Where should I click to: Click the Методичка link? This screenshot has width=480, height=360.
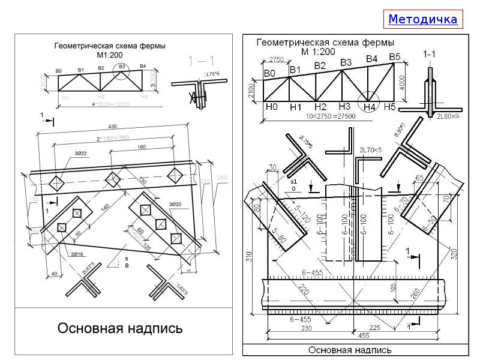(x=422, y=19)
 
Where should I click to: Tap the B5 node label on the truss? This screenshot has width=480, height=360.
(x=394, y=57)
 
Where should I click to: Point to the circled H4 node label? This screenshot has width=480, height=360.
(x=369, y=107)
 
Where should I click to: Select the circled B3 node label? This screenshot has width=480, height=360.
(x=122, y=67)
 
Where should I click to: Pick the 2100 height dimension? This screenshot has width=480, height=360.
(x=252, y=91)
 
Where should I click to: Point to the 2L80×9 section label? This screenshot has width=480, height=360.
(x=447, y=116)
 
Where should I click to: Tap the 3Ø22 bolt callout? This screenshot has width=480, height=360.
(x=81, y=154)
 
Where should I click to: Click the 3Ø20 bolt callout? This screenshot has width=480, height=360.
(x=175, y=205)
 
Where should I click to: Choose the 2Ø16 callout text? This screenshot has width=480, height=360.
(x=77, y=255)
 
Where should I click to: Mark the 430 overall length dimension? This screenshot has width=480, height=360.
(x=113, y=127)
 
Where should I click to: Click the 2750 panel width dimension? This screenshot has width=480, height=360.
(x=276, y=59)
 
